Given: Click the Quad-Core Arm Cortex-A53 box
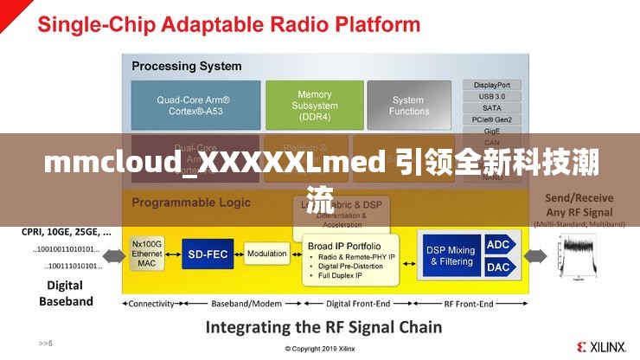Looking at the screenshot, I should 195,106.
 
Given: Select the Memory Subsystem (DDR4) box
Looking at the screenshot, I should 314,106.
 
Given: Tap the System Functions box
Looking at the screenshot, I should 409,106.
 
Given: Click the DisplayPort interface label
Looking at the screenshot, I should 492,85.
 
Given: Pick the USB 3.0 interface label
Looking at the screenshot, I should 492,96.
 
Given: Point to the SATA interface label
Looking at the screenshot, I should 492,107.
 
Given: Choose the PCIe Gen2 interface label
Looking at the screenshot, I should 492,119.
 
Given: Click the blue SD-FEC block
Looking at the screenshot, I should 208,254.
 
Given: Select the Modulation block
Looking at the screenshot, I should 266,254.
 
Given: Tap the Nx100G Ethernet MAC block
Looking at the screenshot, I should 147,254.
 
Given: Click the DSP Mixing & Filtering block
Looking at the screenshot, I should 450,255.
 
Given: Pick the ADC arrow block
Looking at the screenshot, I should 499,245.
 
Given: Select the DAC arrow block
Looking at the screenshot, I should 499,267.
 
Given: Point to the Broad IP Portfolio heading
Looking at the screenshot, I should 344,246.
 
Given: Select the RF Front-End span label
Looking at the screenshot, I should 469,304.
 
